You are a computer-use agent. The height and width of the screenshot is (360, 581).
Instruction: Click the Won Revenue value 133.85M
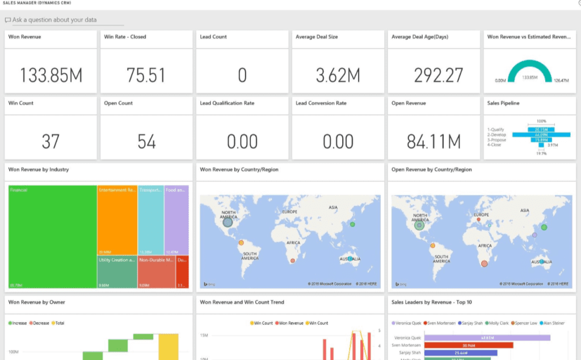tap(51, 75)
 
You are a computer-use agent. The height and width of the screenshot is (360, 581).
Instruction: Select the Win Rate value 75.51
tap(146, 75)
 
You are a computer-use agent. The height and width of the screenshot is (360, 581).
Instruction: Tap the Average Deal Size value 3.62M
tap(338, 75)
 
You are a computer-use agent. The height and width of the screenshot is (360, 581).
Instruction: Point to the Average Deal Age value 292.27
tap(434, 75)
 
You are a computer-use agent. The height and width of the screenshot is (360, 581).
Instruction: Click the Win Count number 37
tap(51, 142)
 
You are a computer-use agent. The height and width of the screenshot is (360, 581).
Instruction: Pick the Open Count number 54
tap(146, 142)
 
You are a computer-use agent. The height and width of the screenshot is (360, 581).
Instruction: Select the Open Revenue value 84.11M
tap(434, 142)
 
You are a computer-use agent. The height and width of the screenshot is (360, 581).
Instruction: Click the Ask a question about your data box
tap(64, 20)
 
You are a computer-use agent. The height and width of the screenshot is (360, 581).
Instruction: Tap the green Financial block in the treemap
tap(52, 236)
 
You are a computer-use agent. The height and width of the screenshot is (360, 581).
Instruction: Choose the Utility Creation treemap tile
tap(117, 272)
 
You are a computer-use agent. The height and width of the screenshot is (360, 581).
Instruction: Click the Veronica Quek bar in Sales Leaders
tap(487, 337)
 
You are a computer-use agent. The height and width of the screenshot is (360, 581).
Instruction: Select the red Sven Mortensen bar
tap(468, 345)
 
